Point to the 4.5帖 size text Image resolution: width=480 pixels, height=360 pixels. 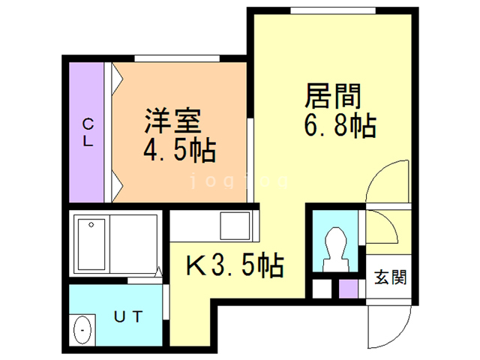tap(180, 149)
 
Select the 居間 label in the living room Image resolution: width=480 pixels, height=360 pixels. tap(334, 96)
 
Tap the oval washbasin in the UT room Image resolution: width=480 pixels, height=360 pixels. tap(83, 330)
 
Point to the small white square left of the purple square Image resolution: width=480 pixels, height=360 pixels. tap(321, 288)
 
